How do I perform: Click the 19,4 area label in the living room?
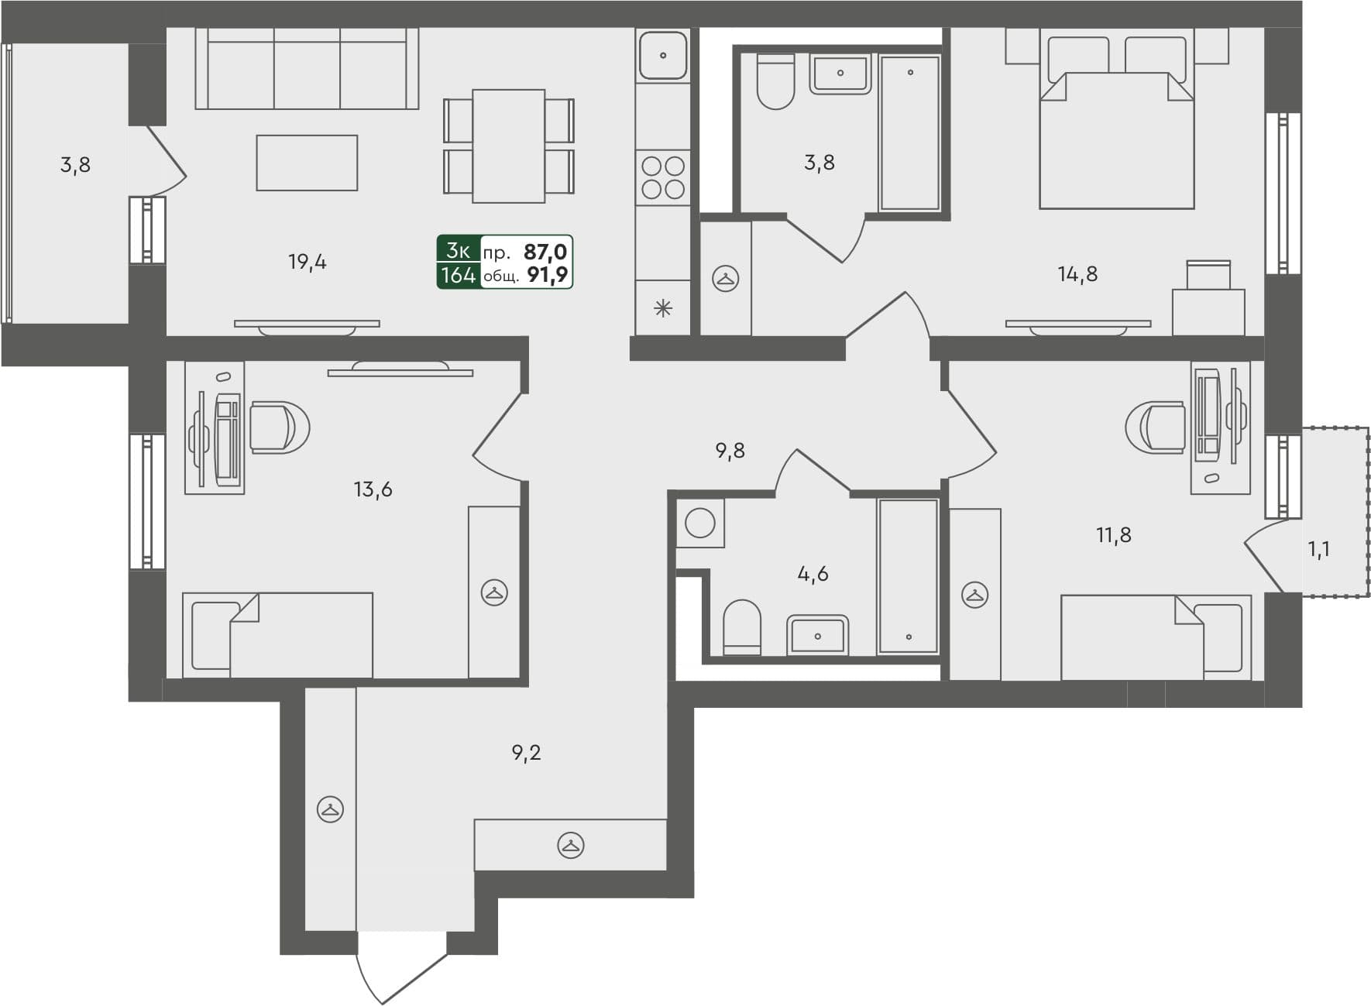point(308,263)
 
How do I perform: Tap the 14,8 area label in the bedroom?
point(1077,274)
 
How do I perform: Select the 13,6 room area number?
point(373,489)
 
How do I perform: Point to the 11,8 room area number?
point(1113,535)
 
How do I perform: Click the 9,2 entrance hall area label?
point(526,753)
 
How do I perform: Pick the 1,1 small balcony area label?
point(1318,550)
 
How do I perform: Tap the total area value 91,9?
point(547,275)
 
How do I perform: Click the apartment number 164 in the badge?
point(458,275)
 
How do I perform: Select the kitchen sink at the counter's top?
point(663,55)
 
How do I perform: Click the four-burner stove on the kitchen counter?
point(663,177)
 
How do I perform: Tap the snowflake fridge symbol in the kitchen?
point(663,309)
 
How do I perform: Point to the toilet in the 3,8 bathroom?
point(775,81)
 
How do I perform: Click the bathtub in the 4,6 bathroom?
point(908,576)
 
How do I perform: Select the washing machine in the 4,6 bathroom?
point(700,524)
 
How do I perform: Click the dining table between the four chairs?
point(508,146)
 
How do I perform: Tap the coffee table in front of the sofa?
point(307,163)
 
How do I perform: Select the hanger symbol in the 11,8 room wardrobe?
point(974,595)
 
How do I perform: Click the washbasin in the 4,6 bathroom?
point(818,635)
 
